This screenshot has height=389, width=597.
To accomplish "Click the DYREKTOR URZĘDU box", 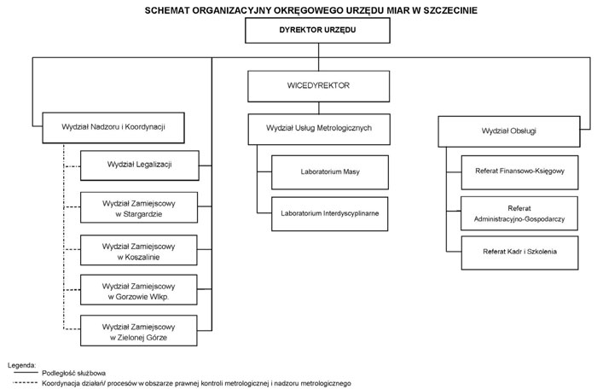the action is pyautogui.click(x=317, y=30).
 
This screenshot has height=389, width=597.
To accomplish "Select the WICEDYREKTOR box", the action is pyautogui.click(x=319, y=86).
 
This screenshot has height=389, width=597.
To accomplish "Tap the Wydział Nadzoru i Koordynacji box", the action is pyautogui.click(x=113, y=128).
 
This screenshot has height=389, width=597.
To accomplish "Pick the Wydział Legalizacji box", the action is pyautogui.click(x=140, y=165).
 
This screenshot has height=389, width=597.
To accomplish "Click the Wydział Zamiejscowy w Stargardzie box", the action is pyautogui.click(x=139, y=207).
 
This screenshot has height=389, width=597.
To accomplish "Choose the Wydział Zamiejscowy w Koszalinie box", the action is pyautogui.click(x=138, y=250).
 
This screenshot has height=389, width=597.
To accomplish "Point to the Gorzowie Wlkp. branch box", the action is pyautogui.click(x=138, y=289).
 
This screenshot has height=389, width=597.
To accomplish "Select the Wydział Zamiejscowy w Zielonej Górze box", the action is pyautogui.click(x=138, y=330).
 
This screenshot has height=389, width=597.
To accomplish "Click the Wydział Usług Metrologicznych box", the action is pyautogui.click(x=319, y=129).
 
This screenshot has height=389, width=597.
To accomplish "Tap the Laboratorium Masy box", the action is pyautogui.click(x=330, y=172).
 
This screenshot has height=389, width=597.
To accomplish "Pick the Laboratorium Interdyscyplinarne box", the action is pyautogui.click(x=330, y=214).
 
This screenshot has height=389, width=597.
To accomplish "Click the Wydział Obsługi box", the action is pyautogui.click(x=509, y=131).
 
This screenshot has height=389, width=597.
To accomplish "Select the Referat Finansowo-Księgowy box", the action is pyautogui.click(x=519, y=172).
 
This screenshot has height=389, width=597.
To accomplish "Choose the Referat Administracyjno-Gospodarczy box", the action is pyautogui.click(x=519, y=213).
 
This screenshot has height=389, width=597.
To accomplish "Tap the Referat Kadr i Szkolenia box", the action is pyautogui.click(x=519, y=253).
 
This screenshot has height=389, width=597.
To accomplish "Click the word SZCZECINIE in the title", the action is pyautogui.click(x=450, y=10).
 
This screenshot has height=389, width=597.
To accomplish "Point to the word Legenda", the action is pyautogui.click(x=21, y=365).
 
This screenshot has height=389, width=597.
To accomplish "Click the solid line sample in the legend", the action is pyautogui.click(x=26, y=373).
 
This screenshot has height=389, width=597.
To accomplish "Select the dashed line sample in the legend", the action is pyautogui.click(x=26, y=382).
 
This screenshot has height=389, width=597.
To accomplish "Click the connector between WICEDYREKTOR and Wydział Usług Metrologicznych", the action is pyautogui.click(x=319, y=107).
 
